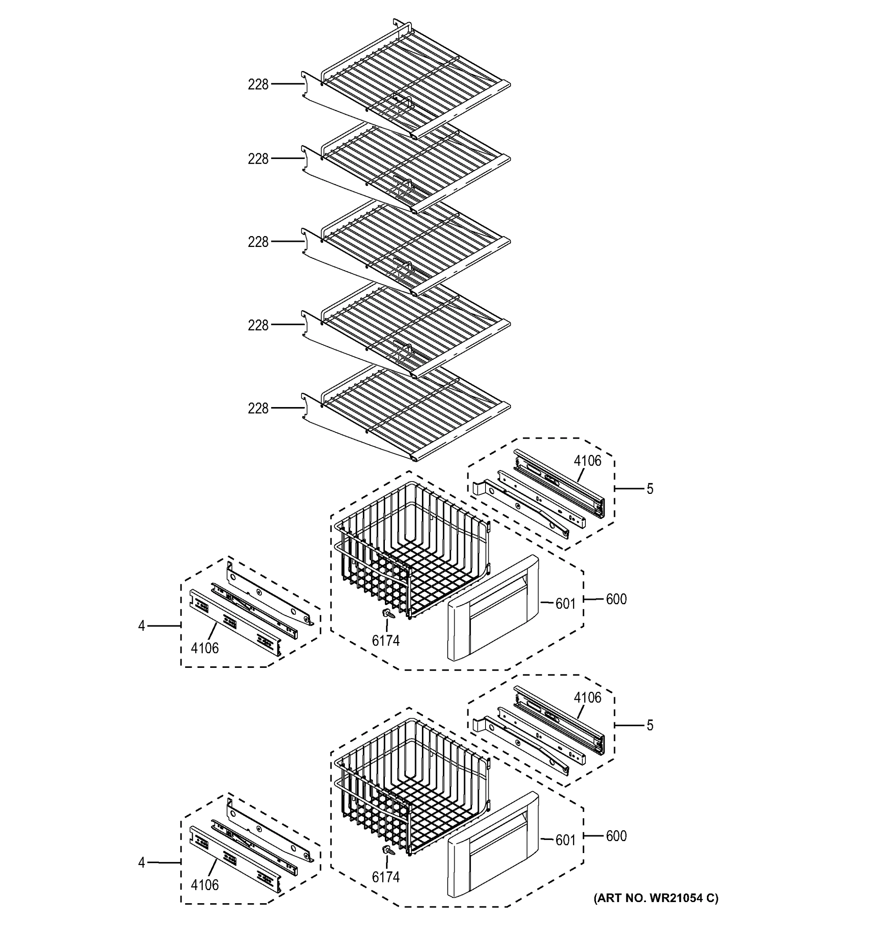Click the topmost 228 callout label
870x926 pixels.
[258, 85]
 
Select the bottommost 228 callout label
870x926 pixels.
[258, 409]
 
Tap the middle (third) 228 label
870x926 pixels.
[258, 242]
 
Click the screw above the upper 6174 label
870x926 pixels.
[387, 614]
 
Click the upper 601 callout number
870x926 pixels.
[566, 604]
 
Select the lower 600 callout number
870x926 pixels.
[616, 836]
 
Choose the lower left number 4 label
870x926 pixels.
[142, 863]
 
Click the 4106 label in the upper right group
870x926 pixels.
[587, 461]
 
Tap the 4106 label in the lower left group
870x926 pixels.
[205, 885]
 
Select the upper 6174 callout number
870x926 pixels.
[385, 641]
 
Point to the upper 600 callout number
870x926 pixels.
[616, 599]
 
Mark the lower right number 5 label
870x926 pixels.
[650, 725]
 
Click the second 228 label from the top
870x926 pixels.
[258, 159]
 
